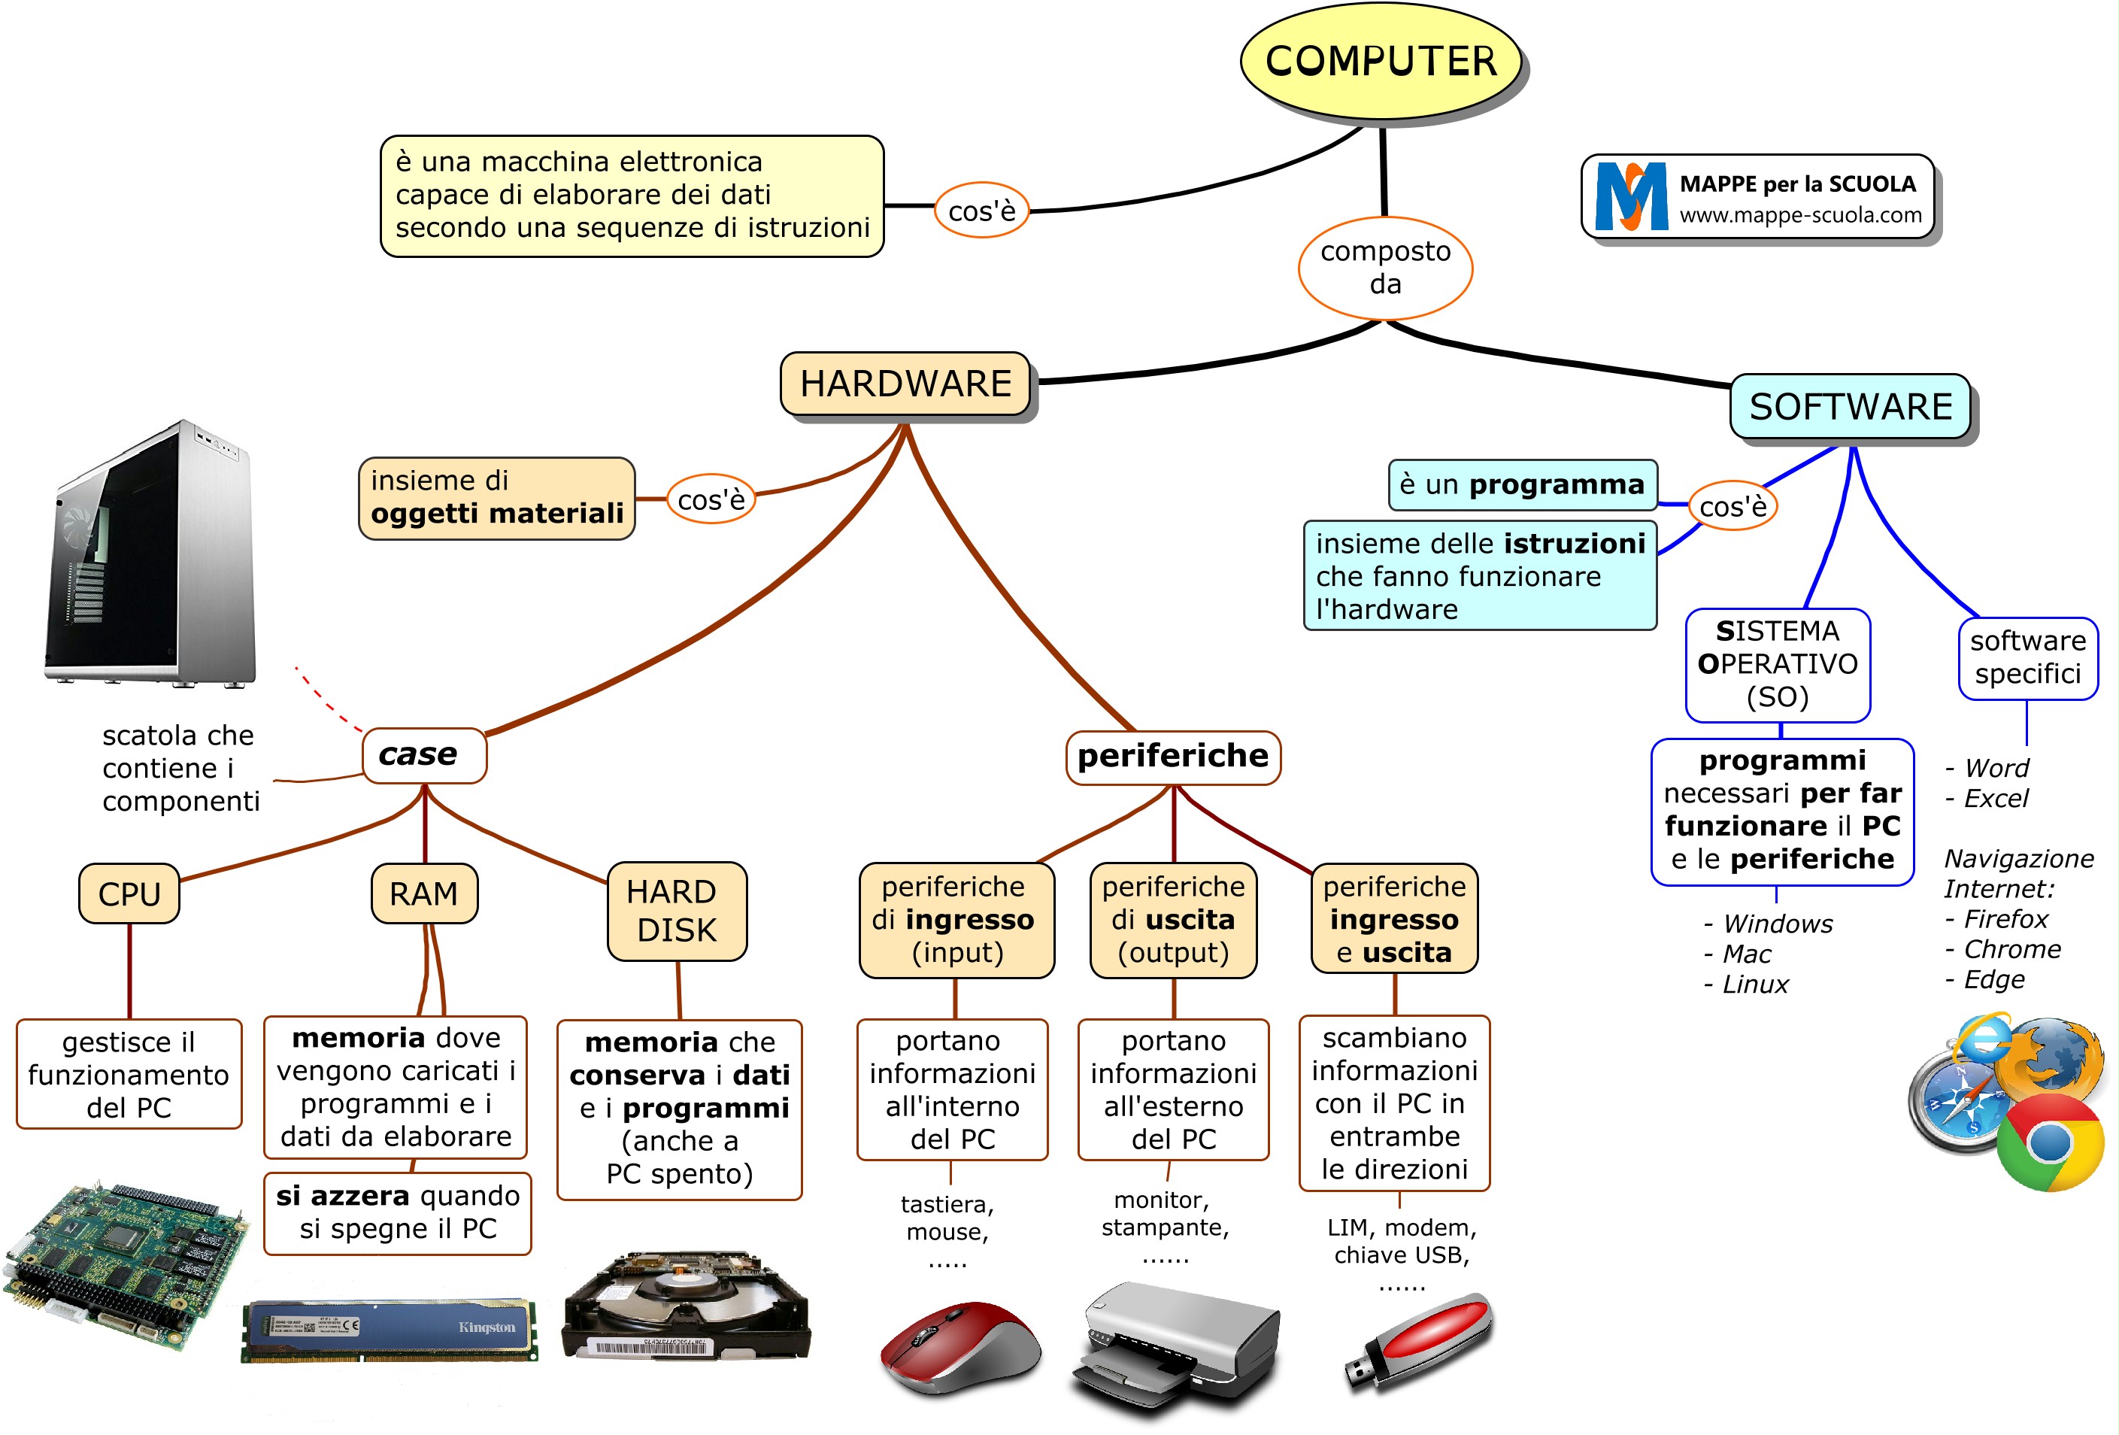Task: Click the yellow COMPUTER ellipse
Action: tap(1381, 61)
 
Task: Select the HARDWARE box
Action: tap(905, 384)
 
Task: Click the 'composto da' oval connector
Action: tap(1385, 267)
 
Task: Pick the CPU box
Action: tap(129, 893)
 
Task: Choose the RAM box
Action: tap(424, 893)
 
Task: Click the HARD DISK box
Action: tap(677, 911)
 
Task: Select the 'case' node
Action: tap(424, 755)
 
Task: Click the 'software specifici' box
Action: tap(2028, 657)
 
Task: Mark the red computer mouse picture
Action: tap(959, 1346)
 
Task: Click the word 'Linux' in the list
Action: tap(1755, 984)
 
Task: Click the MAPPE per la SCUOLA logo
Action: tap(1757, 197)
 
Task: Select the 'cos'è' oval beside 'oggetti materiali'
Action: tap(711, 499)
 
